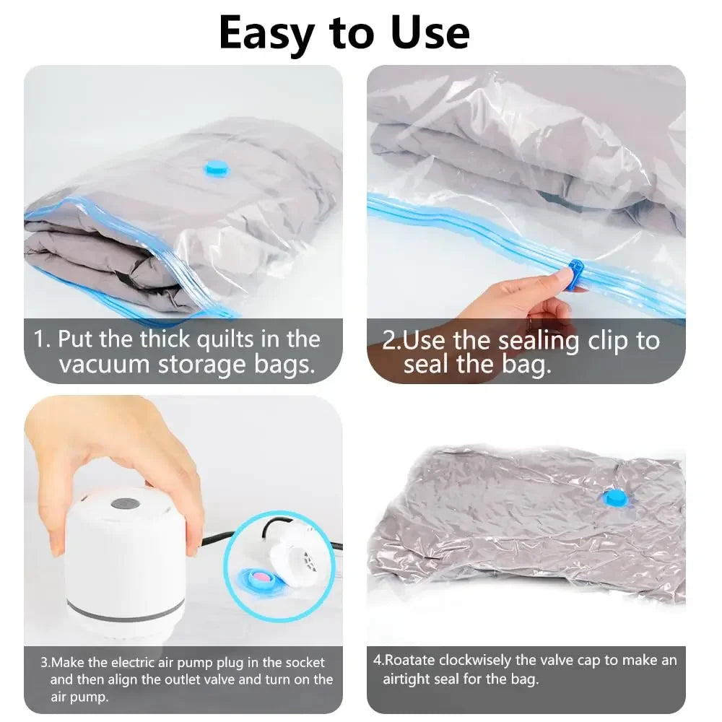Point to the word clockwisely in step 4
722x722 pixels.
point(483,660)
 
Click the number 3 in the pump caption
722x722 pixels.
point(44,662)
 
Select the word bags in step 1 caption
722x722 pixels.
point(283,364)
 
